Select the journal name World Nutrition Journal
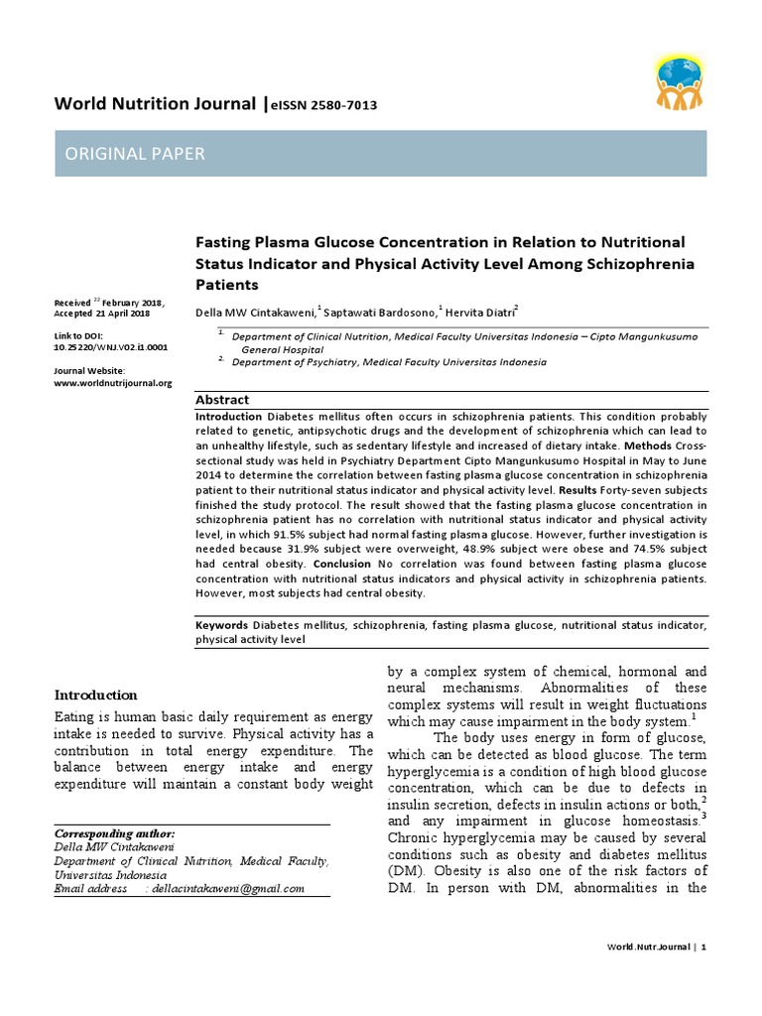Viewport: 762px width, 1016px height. tap(155, 104)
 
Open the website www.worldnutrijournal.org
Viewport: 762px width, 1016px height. tap(113, 383)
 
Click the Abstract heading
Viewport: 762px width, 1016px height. tap(222, 399)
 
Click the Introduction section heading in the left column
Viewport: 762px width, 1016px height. tap(95, 695)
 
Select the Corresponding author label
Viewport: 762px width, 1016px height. tap(114, 833)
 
